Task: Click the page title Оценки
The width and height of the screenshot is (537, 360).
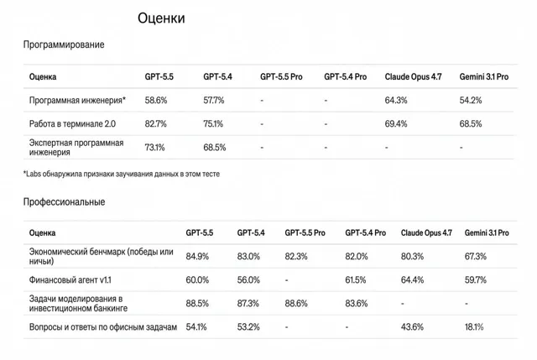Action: [x=161, y=18]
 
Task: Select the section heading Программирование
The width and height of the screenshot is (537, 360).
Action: [x=64, y=44]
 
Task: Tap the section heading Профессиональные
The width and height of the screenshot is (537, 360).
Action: [x=64, y=201]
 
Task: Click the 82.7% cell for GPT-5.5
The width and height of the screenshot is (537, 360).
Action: [x=155, y=123]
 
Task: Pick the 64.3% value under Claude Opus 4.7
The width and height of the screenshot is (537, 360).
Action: [x=396, y=101]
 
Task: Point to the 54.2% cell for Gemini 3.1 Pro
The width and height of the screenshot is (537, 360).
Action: [x=471, y=101]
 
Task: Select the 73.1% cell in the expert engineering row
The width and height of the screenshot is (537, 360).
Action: [x=154, y=148]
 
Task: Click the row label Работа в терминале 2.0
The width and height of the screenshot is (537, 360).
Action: [x=72, y=123]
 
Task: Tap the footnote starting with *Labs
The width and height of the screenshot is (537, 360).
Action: [x=122, y=174]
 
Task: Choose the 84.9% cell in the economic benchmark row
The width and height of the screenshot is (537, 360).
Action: [x=197, y=256]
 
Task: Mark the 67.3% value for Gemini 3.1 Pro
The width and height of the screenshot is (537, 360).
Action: [x=476, y=256]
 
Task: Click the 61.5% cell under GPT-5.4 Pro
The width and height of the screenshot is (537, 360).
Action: [x=356, y=279]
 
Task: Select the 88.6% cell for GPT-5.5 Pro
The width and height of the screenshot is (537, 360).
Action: [x=296, y=304]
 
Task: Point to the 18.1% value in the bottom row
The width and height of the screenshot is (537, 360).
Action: [x=474, y=327]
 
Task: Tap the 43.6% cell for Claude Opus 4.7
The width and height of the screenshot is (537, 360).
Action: [x=412, y=327]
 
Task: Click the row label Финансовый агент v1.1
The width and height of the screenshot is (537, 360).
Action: [x=70, y=279]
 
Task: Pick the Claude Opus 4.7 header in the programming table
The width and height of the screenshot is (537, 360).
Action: [x=413, y=76]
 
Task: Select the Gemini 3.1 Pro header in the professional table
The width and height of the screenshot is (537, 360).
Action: [x=487, y=233]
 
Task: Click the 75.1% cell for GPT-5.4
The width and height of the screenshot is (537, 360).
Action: [x=213, y=123]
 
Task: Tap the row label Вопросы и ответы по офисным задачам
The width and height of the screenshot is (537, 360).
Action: [x=103, y=327]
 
